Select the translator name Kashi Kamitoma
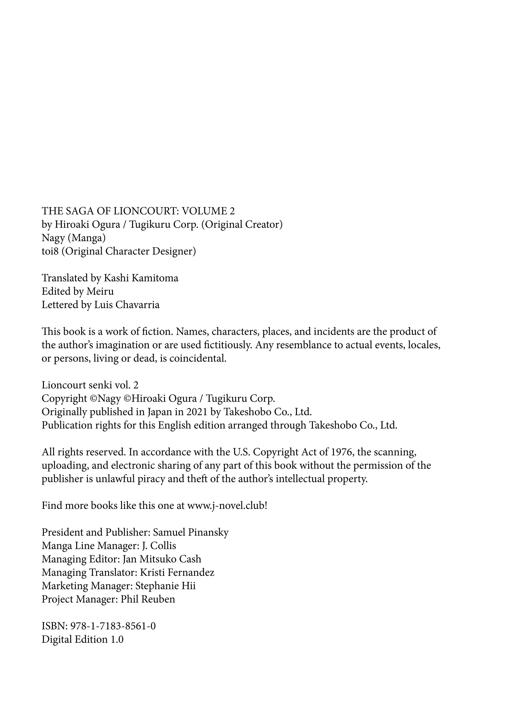pos(141,278)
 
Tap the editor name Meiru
pos(100,292)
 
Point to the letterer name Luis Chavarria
pos(127,305)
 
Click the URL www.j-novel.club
pos(226,506)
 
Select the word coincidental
pos(198,359)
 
